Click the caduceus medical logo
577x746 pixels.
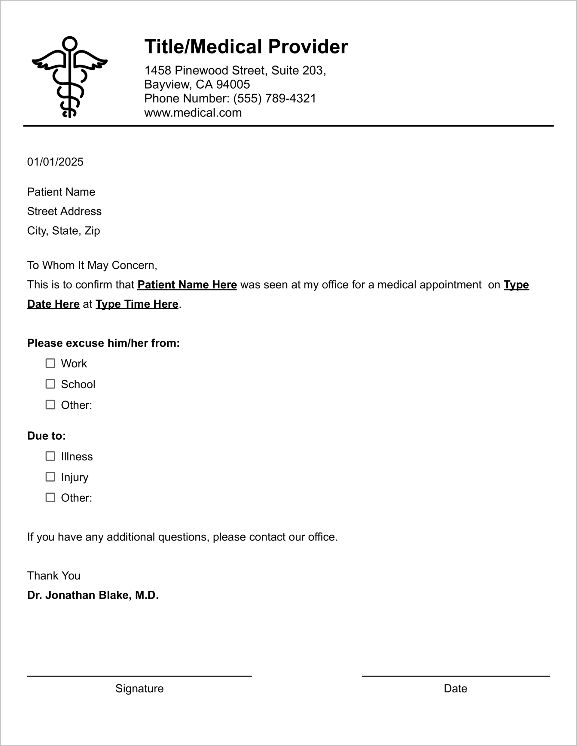coord(70,77)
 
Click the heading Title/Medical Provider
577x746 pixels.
coord(246,47)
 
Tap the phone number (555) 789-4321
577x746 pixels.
coord(275,98)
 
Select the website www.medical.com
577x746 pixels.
coord(193,113)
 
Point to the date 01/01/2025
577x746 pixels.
coord(55,162)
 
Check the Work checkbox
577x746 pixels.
coord(50,363)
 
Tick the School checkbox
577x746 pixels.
coord(50,384)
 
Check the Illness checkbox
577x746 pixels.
coord(50,456)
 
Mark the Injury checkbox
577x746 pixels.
coord(50,477)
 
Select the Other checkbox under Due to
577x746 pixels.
coord(50,498)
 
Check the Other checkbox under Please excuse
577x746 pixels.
coord(50,405)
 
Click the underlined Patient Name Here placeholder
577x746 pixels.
coord(187,285)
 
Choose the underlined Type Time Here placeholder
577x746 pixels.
coord(137,304)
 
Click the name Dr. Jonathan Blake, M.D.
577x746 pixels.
coord(93,595)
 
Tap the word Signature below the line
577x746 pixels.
coord(139,689)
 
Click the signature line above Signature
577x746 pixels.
coord(139,676)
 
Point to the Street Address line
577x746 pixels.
coord(64,212)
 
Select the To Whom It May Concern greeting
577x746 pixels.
coord(92,265)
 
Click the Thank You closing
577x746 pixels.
coord(53,576)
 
